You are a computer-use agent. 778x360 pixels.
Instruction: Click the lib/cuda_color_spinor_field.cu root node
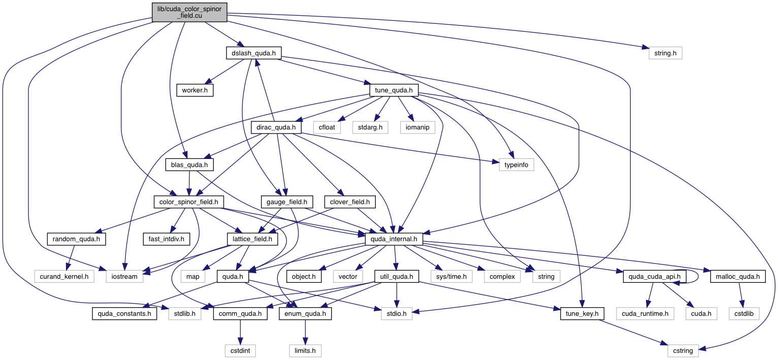point(189,12)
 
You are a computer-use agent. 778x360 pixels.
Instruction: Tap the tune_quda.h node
point(394,90)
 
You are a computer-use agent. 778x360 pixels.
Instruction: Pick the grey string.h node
point(665,52)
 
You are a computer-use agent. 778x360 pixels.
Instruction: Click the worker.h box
point(195,90)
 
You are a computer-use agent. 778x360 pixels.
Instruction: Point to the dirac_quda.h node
point(276,127)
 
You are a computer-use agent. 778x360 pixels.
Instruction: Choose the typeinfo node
point(516,165)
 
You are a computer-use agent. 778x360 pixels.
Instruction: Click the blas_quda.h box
point(189,165)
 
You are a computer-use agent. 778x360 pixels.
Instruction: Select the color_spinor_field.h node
point(188,202)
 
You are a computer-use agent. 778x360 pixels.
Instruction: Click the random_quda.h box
point(76,239)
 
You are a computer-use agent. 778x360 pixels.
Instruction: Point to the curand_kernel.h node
point(61,276)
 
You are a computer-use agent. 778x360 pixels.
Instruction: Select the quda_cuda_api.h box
point(655,276)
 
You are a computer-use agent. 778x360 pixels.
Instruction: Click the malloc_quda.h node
point(734,276)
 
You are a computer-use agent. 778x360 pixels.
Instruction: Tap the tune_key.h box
point(582,314)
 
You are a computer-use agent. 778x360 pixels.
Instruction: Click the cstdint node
point(241,350)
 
